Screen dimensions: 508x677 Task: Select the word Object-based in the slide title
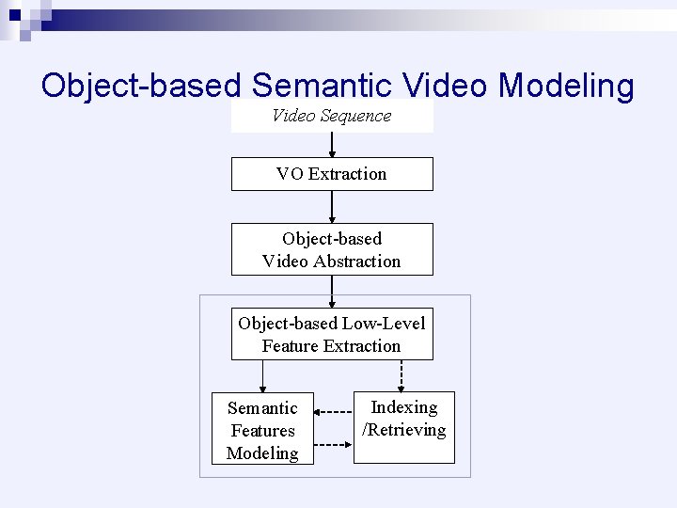pyautogui.click(x=142, y=86)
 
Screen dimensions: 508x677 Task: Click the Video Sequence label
pyautogui.click(x=331, y=116)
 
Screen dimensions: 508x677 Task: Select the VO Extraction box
pyautogui.click(x=332, y=174)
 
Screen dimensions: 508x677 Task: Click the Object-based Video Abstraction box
pyautogui.click(x=332, y=249)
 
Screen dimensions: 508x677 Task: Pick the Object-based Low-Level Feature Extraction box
pyautogui.click(x=332, y=334)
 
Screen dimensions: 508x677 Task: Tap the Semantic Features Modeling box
pyautogui.click(x=262, y=430)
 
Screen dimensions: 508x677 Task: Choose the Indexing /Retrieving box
pyautogui.click(x=404, y=427)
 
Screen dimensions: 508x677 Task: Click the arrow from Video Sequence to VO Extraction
pyautogui.click(x=332, y=145)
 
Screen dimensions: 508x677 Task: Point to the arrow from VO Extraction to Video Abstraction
pyautogui.click(x=332, y=207)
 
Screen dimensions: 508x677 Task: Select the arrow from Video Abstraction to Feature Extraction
pyautogui.click(x=332, y=292)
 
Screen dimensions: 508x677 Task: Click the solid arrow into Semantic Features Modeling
pyautogui.click(x=262, y=375)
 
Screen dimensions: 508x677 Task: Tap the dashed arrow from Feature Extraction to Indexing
pyautogui.click(x=401, y=375)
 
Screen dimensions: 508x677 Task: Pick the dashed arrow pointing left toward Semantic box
pyautogui.click(x=333, y=411)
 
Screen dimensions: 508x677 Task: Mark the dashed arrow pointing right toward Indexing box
pyautogui.click(x=333, y=444)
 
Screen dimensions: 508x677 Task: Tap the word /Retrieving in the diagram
pyautogui.click(x=404, y=430)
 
